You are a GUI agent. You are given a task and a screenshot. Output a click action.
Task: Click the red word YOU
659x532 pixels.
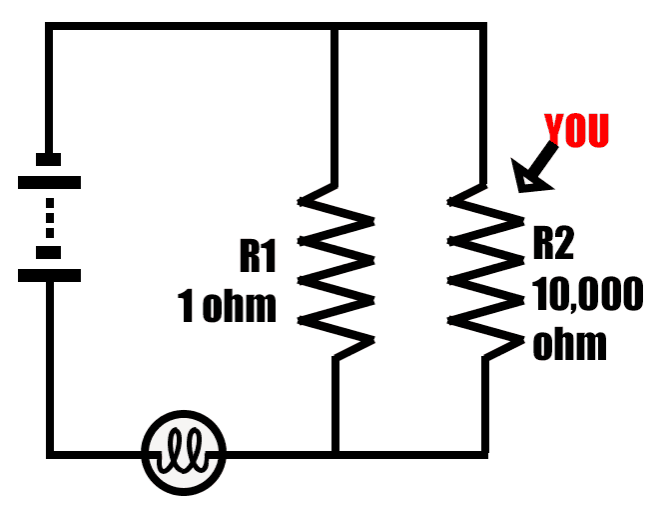pyautogui.click(x=576, y=131)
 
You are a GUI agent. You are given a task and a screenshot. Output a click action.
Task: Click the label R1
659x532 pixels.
pyautogui.click(x=258, y=256)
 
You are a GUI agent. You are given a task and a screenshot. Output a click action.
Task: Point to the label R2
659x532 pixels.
pyautogui.click(x=555, y=243)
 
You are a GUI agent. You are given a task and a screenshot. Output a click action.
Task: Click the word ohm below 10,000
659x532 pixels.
pyautogui.click(x=569, y=344)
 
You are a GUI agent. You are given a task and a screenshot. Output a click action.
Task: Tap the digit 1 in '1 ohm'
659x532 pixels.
pyautogui.click(x=186, y=307)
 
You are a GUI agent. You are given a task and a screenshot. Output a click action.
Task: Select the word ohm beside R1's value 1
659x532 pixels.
pyautogui.click(x=239, y=307)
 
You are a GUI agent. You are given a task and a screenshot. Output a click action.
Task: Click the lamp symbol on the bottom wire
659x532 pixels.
pyautogui.click(x=185, y=455)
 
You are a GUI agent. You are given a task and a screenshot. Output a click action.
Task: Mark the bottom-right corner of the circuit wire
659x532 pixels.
pyautogui.click(x=485, y=455)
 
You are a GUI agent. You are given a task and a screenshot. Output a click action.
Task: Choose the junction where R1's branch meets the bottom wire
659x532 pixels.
pyautogui.click(x=335, y=455)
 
